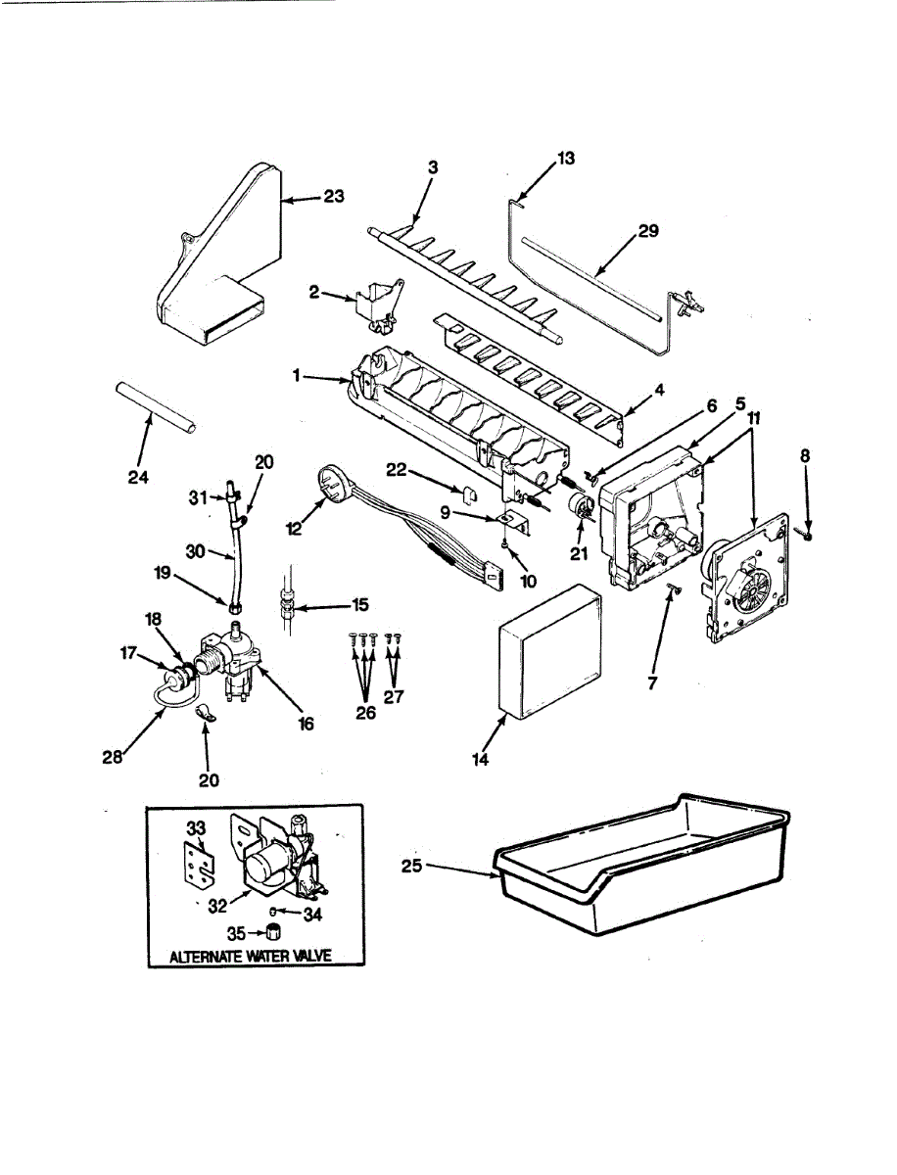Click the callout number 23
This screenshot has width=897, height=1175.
tap(335, 198)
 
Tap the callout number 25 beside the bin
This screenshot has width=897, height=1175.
tap(413, 865)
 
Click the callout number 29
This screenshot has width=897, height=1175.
tap(647, 232)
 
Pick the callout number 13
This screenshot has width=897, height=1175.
tap(566, 157)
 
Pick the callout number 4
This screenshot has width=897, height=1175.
tap(660, 390)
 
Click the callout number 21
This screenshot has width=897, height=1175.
tap(579, 538)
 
